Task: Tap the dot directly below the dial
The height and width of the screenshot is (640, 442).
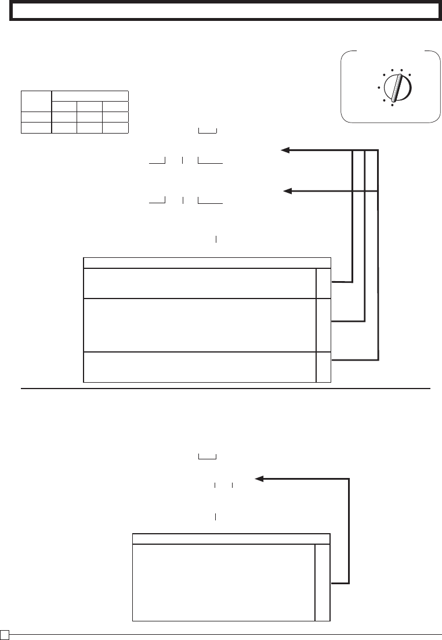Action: coord(392,105)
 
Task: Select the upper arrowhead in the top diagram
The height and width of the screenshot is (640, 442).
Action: coord(285,151)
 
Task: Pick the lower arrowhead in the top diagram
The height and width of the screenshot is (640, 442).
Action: coord(286,190)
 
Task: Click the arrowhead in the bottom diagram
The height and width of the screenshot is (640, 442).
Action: coord(259,479)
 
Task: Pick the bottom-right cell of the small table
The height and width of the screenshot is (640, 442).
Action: coord(115,128)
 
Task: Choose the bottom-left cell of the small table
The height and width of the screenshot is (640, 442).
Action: coord(36,128)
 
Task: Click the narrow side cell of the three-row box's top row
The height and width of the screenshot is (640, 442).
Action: coord(323,283)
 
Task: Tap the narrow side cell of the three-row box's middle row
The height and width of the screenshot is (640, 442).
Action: coord(323,325)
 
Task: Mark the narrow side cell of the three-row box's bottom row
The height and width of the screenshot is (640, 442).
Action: coord(323,366)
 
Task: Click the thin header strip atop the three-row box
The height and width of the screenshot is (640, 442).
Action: coord(207,263)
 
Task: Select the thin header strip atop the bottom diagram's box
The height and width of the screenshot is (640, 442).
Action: coord(231,538)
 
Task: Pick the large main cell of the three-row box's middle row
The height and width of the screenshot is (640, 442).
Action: coord(200,325)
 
